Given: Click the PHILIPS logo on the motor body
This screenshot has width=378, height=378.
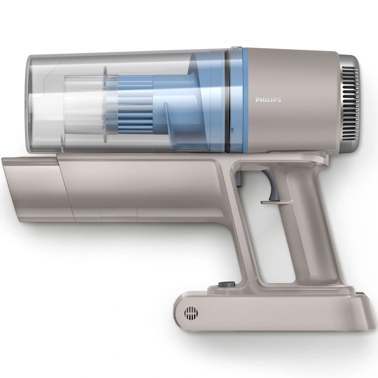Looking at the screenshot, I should (x=268, y=100).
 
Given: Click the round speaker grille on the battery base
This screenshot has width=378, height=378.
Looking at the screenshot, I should (x=191, y=313).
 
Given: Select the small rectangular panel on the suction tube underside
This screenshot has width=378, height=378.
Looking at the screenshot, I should (x=118, y=214).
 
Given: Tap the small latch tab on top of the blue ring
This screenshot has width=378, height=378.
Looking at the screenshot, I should (x=237, y=48).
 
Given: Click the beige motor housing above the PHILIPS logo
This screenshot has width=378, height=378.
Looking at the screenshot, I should (x=288, y=70).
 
